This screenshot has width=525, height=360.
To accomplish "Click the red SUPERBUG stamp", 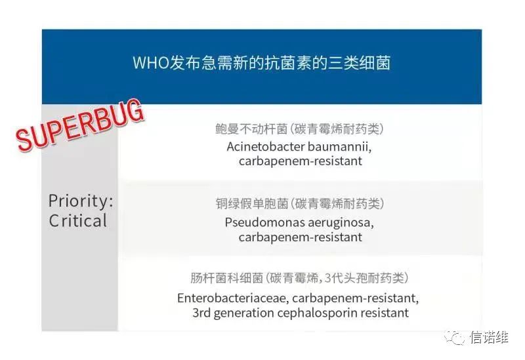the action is (x=80, y=125).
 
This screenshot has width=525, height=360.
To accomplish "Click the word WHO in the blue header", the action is (x=151, y=63).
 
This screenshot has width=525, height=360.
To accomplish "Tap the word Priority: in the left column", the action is (x=81, y=201).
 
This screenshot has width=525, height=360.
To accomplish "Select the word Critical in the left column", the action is (x=77, y=221).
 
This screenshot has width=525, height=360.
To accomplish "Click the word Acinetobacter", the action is (x=265, y=147).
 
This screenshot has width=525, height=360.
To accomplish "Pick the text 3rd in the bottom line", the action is (x=201, y=313).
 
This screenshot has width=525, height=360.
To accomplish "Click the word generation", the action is (x=243, y=314).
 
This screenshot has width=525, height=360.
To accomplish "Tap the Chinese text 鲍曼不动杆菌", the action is (x=251, y=129).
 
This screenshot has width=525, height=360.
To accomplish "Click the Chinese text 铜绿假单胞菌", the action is (x=252, y=204).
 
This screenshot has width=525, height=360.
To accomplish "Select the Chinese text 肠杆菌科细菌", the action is (x=226, y=278).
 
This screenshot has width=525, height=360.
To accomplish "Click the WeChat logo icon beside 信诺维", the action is (x=454, y=337).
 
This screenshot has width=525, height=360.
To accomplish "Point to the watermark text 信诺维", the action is (x=489, y=337).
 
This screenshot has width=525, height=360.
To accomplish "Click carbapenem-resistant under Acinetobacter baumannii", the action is (x=301, y=161).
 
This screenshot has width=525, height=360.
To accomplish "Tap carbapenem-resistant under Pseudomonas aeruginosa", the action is (x=301, y=237).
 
